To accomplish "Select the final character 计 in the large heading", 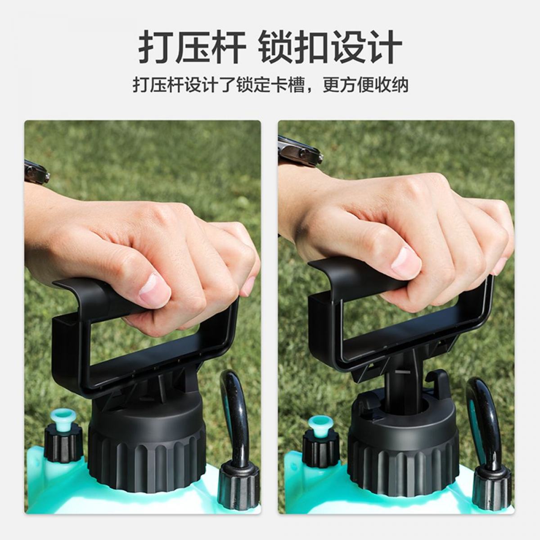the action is pyautogui.click(x=384, y=48).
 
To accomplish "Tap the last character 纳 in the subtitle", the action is pyautogui.click(x=399, y=84).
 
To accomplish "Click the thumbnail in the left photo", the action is pyautogui.click(x=155, y=287).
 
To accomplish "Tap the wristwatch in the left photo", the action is pyautogui.click(x=37, y=172).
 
